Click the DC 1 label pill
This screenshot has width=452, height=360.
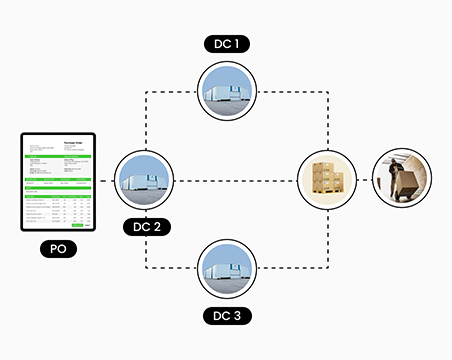tap(227, 43)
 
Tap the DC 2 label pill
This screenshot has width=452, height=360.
tap(146, 226)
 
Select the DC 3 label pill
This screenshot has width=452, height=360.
tap(227, 317)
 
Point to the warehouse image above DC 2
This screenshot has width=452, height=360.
tap(146, 181)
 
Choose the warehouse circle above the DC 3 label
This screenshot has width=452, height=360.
tap(227, 268)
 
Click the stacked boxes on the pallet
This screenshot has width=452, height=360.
tap(329, 180)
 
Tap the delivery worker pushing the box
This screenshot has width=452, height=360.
tap(402, 180)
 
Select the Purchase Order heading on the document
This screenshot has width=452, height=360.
tap(77, 142)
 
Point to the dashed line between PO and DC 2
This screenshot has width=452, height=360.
tap(108, 181)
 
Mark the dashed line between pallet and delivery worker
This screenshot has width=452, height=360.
tap(365, 181)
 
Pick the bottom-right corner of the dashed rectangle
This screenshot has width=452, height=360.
tap(329, 268)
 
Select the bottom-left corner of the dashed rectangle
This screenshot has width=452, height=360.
tap(146, 268)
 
